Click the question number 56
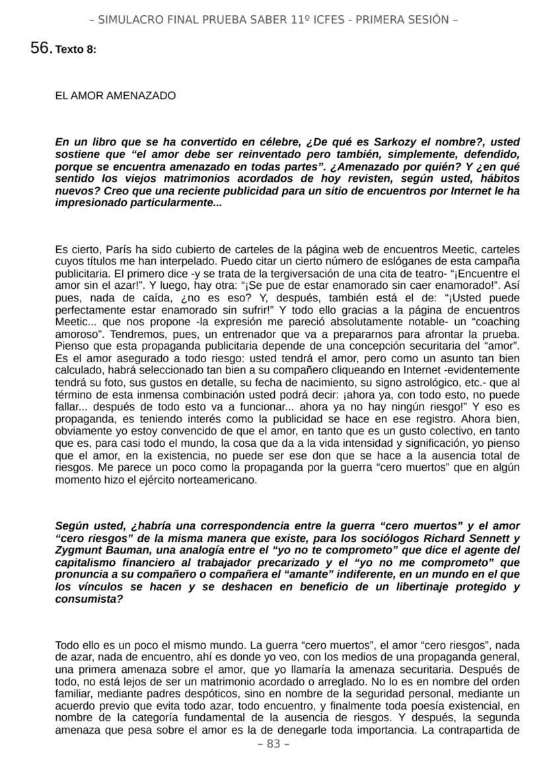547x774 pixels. point(41,48)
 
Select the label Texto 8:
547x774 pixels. point(76,50)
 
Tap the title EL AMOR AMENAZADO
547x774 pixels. point(116,96)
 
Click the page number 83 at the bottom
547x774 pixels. point(273,744)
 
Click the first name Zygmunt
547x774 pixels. point(79,551)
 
